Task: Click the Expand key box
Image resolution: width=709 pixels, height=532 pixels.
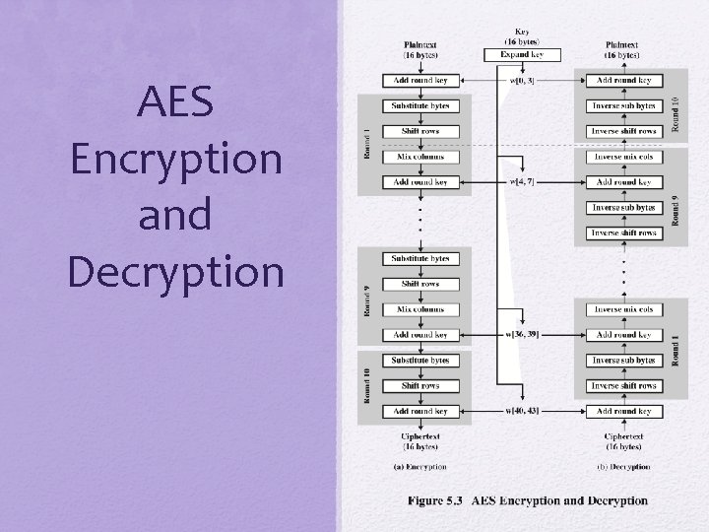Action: [523, 55]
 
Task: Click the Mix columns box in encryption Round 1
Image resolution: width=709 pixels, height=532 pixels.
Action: [420, 157]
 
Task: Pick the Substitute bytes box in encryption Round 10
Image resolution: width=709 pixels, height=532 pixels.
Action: [420, 361]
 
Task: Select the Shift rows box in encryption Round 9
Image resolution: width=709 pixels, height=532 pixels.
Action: [420, 284]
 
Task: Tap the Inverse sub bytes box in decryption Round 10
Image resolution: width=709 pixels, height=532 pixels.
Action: [623, 105]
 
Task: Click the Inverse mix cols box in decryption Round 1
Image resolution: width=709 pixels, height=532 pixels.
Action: [623, 309]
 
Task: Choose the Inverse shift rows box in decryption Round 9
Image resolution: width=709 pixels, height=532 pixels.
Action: [623, 233]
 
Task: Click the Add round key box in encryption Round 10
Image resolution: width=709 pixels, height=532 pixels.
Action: [420, 411]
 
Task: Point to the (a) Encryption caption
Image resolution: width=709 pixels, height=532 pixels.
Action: [419, 467]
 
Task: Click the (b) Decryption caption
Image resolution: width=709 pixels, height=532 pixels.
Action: [623, 467]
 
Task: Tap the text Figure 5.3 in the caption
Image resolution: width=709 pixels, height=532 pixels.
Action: [435, 500]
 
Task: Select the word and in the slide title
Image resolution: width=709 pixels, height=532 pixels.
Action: [175, 215]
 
